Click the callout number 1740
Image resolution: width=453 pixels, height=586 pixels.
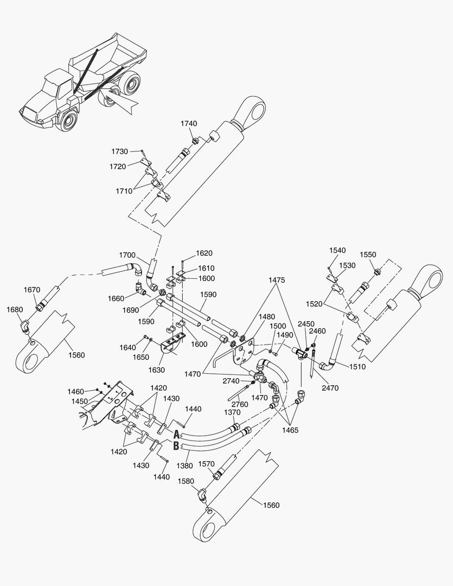click(189, 123)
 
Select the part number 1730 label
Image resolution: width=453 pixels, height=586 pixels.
click(119, 151)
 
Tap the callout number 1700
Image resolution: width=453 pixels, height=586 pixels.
click(127, 255)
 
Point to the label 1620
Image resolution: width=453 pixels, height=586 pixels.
click(204, 253)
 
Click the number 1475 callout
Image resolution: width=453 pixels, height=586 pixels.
click(277, 280)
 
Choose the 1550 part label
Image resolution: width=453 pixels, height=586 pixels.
click(368, 254)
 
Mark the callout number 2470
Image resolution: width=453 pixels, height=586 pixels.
click(330, 388)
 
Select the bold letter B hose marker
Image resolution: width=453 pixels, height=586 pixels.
click(176, 446)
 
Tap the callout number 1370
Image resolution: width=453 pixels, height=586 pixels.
click(232, 412)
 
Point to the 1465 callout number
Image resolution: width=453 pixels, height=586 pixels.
click(290, 430)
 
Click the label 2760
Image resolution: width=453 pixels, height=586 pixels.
click(240, 404)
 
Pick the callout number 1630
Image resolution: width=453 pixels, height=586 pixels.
click(156, 370)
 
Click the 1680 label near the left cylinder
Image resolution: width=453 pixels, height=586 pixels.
click(15, 309)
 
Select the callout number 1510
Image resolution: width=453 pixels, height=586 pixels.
click(358, 367)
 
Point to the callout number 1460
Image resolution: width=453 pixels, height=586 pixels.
click(75, 391)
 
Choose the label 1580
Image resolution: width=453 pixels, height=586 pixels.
click(186, 481)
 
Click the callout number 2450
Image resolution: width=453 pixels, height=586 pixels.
click(306, 323)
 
